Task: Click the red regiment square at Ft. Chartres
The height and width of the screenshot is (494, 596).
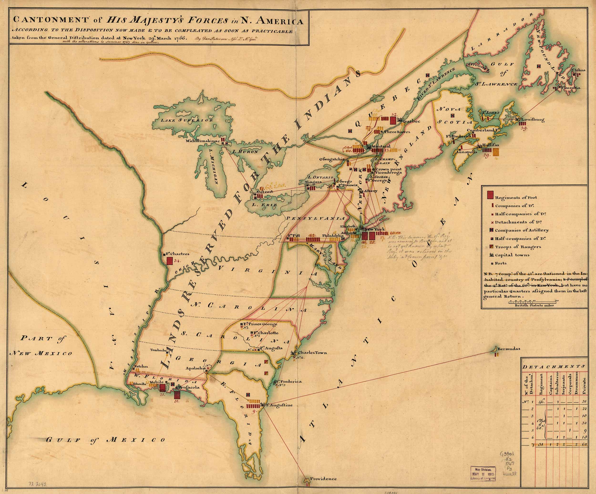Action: tap(170, 261)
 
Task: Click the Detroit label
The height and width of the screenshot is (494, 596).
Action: tap(265, 192)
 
